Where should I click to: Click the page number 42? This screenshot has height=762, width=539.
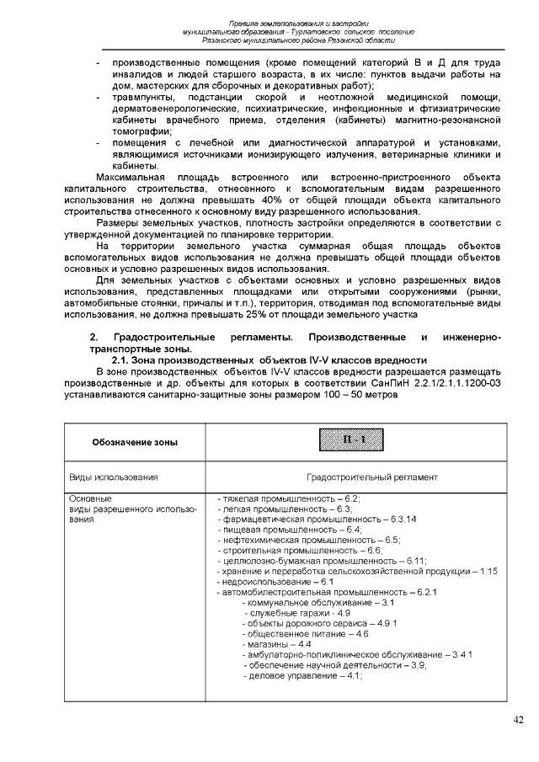[518, 719]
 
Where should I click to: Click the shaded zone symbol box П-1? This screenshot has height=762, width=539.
[346, 440]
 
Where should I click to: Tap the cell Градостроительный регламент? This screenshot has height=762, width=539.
[371, 477]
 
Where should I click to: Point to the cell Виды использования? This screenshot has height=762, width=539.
[114, 477]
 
